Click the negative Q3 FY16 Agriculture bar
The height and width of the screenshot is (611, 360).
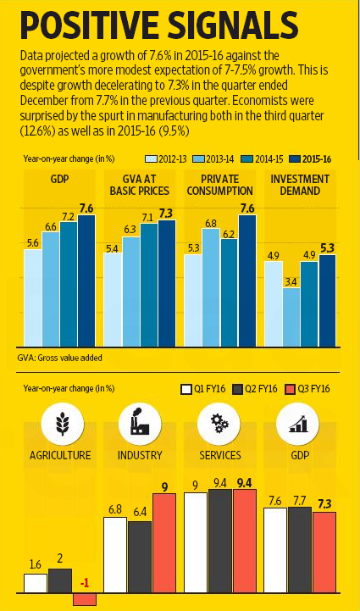coord(85,599)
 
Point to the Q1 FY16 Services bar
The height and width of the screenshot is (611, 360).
coord(196,542)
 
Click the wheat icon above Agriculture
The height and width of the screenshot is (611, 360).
coord(61,422)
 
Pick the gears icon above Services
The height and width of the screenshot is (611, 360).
coord(217,422)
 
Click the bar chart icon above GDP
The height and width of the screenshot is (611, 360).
coord(297,422)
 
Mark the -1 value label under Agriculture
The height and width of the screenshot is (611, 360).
coord(84,583)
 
